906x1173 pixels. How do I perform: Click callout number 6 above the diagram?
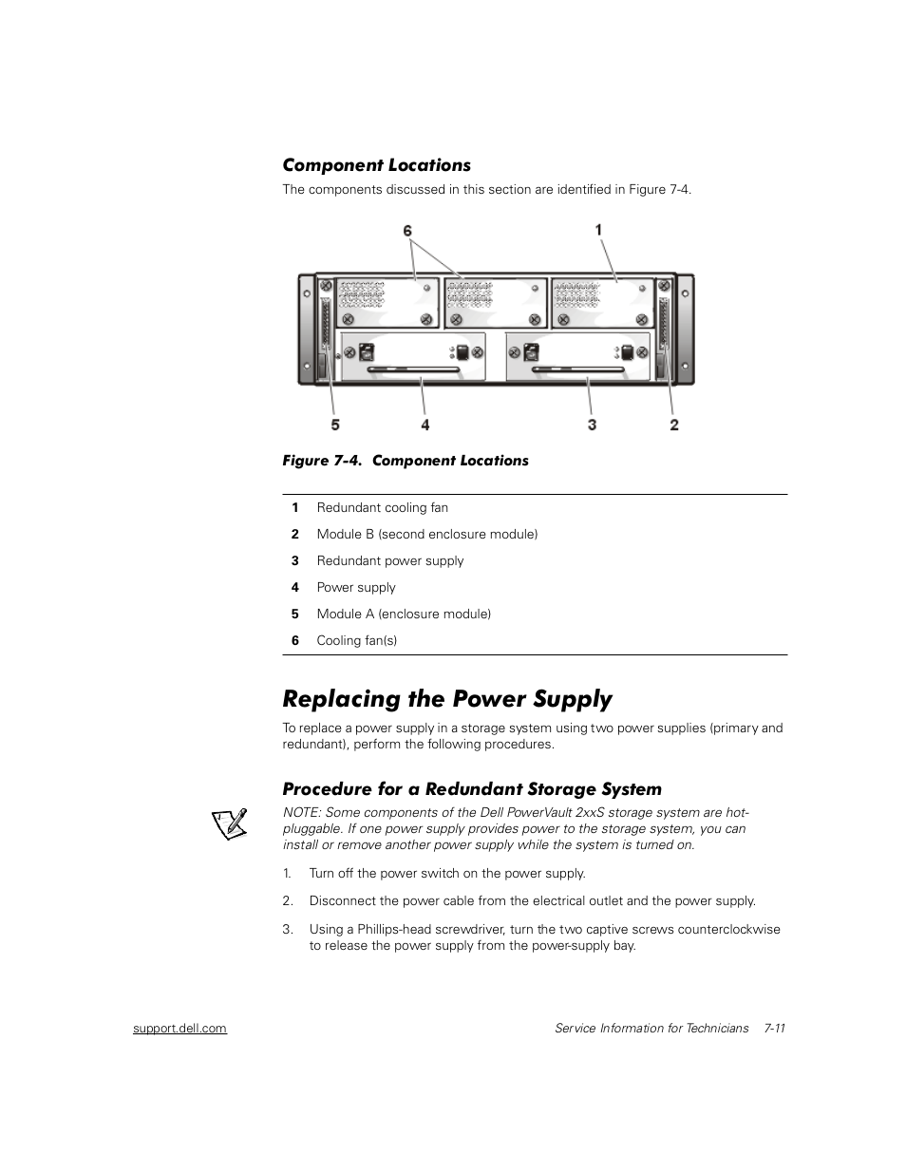pyautogui.click(x=408, y=231)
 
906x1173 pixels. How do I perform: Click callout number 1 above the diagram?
pyautogui.click(x=598, y=229)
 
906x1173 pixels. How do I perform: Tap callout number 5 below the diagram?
pyautogui.click(x=335, y=425)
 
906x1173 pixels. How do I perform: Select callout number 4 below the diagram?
pyautogui.click(x=425, y=425)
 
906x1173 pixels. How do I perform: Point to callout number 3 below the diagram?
pyautogui.click(x=592, y=425)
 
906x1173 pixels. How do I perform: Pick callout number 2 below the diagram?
pyautogui.click(x=674, y=425)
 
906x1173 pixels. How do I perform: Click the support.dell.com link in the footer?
pyautogui.click(x=179, y=1028)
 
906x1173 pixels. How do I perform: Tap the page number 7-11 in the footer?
pyautogui.click(x=774, y=1028)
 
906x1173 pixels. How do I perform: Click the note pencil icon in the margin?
pyautogui.click(x=229, y=823)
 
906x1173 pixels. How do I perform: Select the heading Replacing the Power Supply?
pyautogui.click(x=447, y=699)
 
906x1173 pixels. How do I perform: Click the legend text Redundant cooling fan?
pyautogui.click(x=382, y=507)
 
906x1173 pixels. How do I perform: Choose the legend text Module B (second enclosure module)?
pyautogui.click(x=426, y=534)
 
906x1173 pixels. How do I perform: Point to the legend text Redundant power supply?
pyautogui.click(x=390, y=560)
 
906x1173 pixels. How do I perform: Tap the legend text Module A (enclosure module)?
pyautogui.click(x=404, y=614)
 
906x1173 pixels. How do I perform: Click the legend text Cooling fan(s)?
pyautogui.click(x=356, y=640)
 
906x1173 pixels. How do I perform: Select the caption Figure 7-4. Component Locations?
pyautogui.click(x=405, y=461)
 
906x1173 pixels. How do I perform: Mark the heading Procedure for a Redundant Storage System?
pyautogui.click(x=472, y=789)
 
